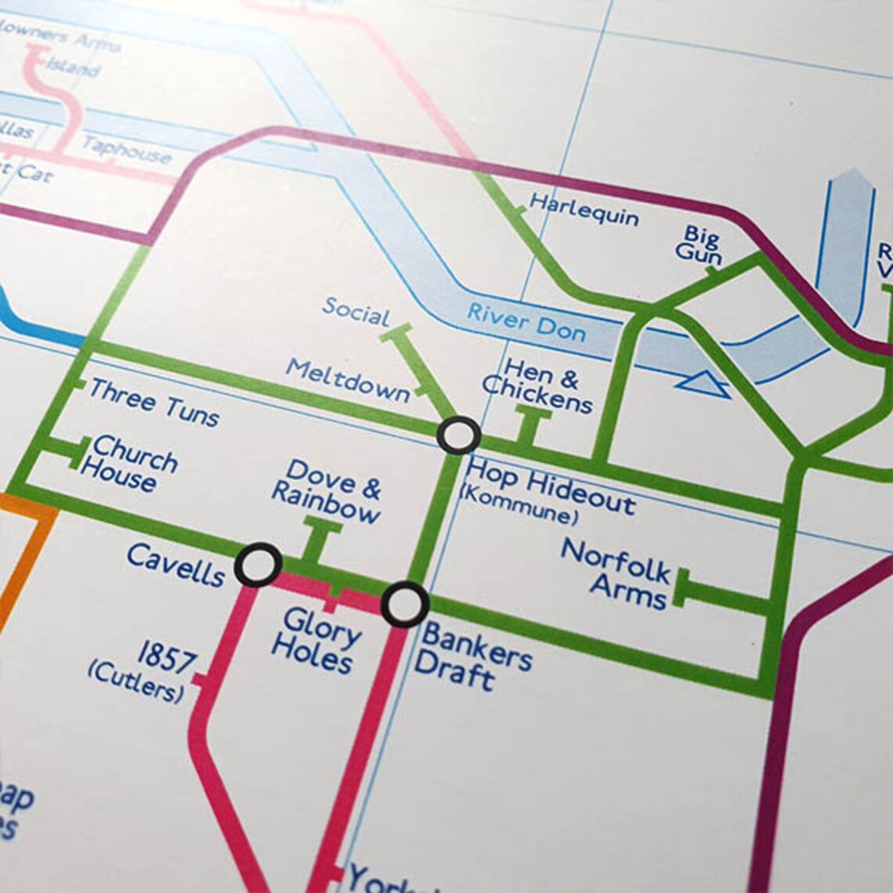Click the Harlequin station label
584,209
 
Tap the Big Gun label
700,244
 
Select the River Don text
526,322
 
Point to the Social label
356,311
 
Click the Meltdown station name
348,380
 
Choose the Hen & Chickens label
538,385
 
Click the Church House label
129,464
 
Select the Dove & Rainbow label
327,492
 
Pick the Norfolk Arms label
617,574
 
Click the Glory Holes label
317,640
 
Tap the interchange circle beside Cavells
258,564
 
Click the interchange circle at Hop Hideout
458,435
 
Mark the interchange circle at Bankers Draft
405,604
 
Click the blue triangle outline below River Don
703,384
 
